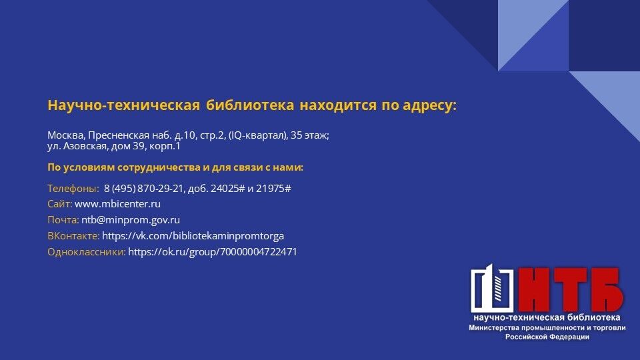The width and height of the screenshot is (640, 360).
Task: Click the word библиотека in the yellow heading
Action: tap(250, 105)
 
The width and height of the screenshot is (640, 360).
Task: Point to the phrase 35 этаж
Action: tap(309, 135)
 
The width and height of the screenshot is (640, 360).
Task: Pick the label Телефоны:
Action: tap(73, 189)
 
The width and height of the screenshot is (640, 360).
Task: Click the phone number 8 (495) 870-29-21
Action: tap(144, 189)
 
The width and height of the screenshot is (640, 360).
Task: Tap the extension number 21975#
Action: tap(273, 189)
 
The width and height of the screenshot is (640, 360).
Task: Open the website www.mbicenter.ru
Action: tap(117, 204)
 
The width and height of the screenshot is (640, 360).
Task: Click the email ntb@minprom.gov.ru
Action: tap(131, 220)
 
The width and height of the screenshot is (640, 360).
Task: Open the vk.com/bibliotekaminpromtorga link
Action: tap(193, 236)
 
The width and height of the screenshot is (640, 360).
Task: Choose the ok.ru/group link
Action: tap(213, 252)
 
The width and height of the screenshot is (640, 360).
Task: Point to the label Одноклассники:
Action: tap(87, 252)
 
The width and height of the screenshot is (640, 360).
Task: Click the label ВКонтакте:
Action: tap(73, 236)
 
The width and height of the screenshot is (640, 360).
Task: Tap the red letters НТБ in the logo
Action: tap(570, 289)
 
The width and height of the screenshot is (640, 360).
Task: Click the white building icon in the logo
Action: tap(493, 288)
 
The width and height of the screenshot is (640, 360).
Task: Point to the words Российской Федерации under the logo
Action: tap(547, 337)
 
